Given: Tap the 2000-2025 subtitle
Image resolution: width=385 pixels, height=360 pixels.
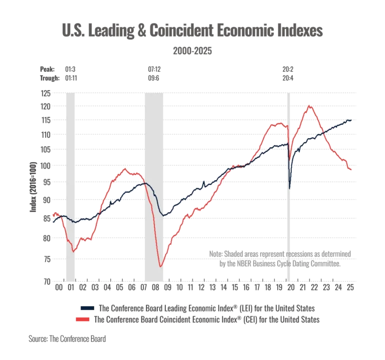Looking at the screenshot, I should tap(192, 51).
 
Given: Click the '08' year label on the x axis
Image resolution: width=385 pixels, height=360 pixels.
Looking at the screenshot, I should tap(156, 288).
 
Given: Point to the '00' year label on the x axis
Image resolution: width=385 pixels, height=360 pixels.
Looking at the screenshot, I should tap(59, 288).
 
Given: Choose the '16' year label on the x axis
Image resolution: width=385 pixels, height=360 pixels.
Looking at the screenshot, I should tap(247, 288).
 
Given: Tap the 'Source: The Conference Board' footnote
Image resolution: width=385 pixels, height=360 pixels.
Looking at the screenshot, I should tap(69, 339).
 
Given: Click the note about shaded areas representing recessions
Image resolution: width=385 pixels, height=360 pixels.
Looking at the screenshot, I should tap(280, 258).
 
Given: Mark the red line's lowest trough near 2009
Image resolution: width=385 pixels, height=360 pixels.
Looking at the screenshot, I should tap(161, 267).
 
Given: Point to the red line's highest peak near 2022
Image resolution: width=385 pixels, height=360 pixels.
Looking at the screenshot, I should tap(311, 105).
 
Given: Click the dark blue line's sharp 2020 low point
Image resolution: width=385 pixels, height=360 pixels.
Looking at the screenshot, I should tap(290, 189).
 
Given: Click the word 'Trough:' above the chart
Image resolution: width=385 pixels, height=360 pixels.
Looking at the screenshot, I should tap(48, 78).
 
